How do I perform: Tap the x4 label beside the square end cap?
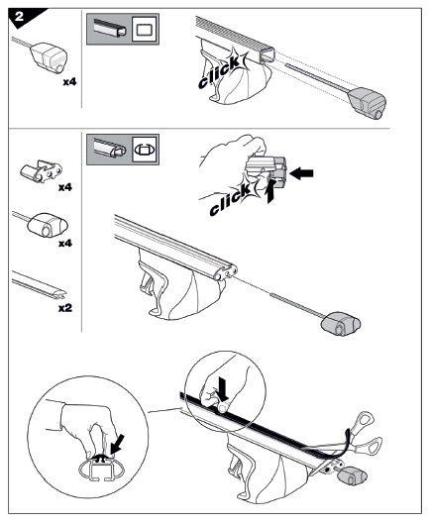[69, 81]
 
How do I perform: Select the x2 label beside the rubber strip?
[65, 308]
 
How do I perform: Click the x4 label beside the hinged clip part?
[65, 187]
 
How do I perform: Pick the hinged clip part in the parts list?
[42, 170]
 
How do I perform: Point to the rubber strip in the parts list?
[39, 285]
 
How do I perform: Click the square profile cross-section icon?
[145, 29]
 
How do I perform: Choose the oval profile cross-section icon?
[145, 150]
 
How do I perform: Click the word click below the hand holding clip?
[231, 200]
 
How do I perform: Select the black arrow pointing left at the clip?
[301, 173]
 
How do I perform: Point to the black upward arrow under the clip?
[270, 190]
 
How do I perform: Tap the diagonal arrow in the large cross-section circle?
[117, 444]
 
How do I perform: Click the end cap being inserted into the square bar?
[368, 102]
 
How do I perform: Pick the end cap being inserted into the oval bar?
[341, 323]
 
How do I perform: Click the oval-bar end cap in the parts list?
[48, 225]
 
